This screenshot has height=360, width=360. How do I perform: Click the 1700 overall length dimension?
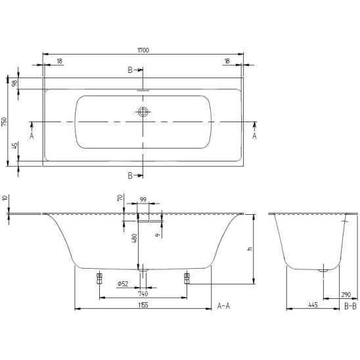143,50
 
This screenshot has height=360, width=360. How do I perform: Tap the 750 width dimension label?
5,122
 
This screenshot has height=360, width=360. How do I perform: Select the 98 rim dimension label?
14,83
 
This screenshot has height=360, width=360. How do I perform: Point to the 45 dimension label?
14,146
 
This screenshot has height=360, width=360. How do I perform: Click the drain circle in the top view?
143,112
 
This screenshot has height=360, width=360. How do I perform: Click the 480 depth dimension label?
135,238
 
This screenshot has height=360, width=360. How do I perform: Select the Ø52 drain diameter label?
123,284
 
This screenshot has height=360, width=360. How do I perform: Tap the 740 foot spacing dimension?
143,294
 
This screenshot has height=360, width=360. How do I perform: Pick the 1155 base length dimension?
143,305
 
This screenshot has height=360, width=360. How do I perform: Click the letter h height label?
250,248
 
